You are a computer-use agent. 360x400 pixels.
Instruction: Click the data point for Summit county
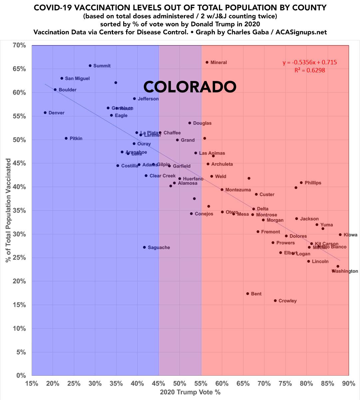point(90,66)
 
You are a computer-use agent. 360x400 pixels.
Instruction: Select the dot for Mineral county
point(207,62)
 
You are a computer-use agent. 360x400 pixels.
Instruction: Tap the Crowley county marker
point(275,301)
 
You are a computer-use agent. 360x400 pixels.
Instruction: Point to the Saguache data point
point(144,247)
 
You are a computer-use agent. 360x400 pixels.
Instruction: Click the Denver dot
point(45,113)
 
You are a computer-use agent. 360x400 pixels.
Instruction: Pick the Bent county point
point(247,294)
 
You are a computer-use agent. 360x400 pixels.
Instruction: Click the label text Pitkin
point(76,138)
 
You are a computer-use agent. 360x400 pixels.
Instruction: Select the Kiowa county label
point(350,235)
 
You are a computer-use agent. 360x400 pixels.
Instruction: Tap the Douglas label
point(202,123)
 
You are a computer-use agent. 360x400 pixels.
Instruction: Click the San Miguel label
point(77,78)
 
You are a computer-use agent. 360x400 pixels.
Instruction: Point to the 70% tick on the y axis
point(19,45)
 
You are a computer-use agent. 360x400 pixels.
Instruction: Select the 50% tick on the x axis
point(180,384)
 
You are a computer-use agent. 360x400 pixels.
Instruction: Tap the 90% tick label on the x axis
point(349,384)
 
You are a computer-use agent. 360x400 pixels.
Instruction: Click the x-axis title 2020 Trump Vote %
point(190,392)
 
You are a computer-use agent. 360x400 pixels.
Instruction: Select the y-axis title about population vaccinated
point(8,210)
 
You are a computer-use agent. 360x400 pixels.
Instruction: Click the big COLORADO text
point(190,87)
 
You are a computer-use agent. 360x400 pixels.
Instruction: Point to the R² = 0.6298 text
point(310,70)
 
